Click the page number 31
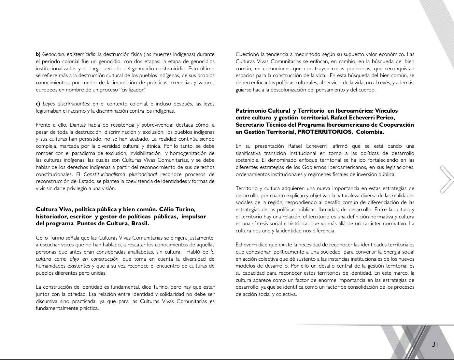[x=435, y=344]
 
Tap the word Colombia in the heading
[x=370, y=132]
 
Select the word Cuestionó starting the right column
[x=247, y=54]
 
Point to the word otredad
[x=75, y=294]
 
